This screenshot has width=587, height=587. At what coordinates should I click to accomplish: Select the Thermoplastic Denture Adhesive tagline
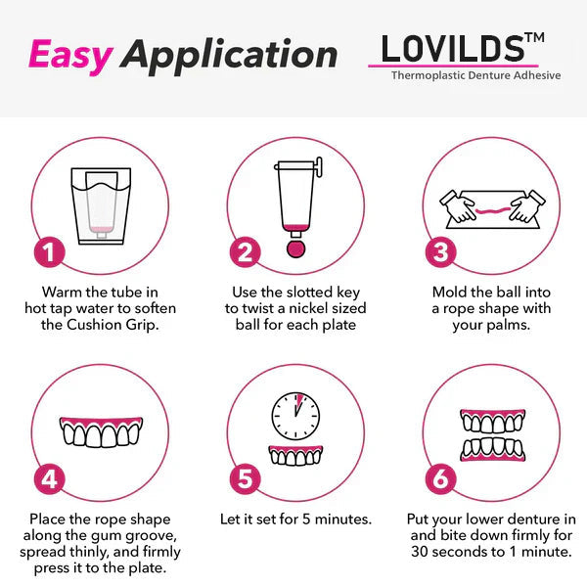(x=475, y=75)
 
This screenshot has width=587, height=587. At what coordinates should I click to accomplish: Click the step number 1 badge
(x=49, y=251)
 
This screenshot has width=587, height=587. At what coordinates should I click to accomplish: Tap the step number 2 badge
(x=246, y=251)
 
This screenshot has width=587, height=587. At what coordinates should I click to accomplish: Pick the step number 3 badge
(x=441, y=251)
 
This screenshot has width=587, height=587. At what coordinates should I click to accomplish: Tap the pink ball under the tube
(x=294, y=247)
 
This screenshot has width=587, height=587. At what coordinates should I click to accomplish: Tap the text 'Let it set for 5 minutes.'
(x=293, y=519)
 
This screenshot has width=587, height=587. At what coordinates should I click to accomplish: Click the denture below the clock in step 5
(x=293, y=457)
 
